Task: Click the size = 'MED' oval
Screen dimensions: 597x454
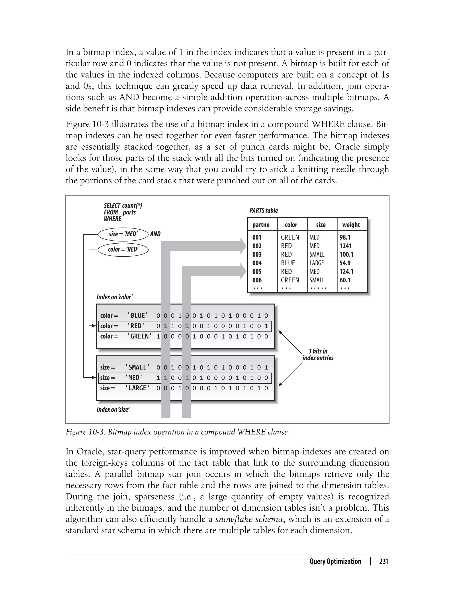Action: (x=123, y=234)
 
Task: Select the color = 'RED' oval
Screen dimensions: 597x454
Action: (x=123, y=250)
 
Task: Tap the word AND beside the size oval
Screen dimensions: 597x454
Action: (x=155, y=234)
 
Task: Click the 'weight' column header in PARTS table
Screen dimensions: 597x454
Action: (x=351, y=225)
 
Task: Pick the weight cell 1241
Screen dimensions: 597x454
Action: (x=346, y=246)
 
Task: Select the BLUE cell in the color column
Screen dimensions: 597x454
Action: (x=288, y=263)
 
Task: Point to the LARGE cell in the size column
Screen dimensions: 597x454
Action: (x=317, y=263)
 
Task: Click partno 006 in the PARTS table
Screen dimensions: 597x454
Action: (x=257, y=280)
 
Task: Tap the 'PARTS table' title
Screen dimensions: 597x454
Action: (x=264, y=210)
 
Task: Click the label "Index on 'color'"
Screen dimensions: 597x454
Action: (x=115, y=297)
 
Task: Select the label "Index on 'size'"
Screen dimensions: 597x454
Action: (x=113, y=409)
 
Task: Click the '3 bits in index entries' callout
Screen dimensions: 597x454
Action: (x=318, y=355)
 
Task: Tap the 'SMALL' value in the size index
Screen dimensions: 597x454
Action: (x=137, y=367)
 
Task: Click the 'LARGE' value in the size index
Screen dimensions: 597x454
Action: (x=137, y=388)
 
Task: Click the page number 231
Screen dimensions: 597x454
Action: (x=384, y=561)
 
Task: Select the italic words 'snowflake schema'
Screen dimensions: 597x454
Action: (x=249, y=519)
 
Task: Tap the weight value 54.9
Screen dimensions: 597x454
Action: (x=345, y=263)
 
